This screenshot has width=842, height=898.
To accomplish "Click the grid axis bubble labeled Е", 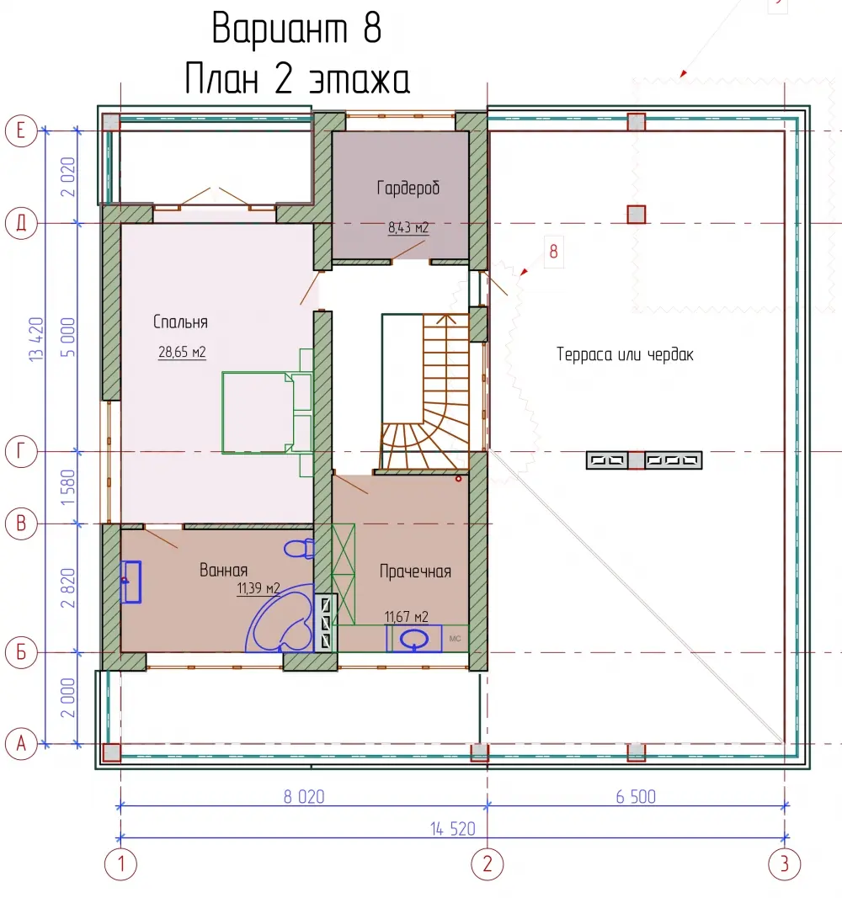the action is (x=21, y=131).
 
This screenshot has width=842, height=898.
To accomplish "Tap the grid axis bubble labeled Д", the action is (x=21, y=223).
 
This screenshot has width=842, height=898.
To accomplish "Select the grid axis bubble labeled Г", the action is (x=21, y=452).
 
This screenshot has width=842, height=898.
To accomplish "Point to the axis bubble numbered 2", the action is (x=488, y=863).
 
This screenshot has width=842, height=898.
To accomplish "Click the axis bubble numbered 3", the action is (x=784, y=863).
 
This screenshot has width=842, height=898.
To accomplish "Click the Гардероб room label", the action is (x=408, y=188).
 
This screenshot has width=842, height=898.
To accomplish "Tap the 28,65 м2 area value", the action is (x=182, y=352).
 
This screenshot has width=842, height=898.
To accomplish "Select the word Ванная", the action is (x=223, y=570).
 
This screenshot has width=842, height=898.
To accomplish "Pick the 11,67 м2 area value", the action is (x=406, y=617).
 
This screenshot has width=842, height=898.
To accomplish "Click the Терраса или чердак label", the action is (x=625, y=354).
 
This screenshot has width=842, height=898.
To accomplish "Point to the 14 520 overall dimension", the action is (x=452, y=829).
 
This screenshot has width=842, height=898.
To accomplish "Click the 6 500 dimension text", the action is (x=636, y=797).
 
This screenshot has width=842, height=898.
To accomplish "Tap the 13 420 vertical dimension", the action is (x=36, y=339).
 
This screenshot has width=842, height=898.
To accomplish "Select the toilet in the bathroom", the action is (x=299, y=549).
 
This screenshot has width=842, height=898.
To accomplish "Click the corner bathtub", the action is (x=280, y=619).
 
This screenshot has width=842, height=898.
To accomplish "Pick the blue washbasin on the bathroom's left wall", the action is (x=131, y=582).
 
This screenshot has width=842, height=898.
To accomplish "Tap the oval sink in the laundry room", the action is (x=414, y=639).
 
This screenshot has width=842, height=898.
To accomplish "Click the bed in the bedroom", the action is (x=267, y=412).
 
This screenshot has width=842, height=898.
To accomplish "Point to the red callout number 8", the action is (x=553, y=252).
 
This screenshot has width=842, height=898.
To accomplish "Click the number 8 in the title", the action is (x=372, y=28).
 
